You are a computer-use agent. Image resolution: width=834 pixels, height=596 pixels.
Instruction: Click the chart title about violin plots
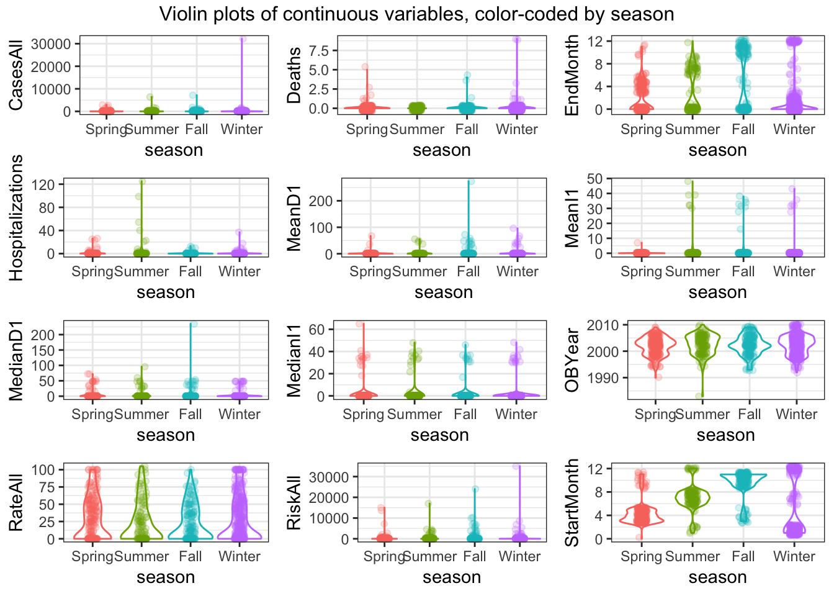click(416, 14)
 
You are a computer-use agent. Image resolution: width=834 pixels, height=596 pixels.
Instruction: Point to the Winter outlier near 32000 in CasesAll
click(243, 39)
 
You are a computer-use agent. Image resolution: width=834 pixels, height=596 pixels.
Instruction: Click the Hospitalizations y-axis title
click(16, 218)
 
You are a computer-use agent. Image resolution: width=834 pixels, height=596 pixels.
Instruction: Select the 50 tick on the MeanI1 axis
click(594, 179)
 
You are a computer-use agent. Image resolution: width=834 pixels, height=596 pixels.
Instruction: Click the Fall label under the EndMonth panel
click(743, 130)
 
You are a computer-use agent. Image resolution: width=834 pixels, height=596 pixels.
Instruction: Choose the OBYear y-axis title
click(572, 360)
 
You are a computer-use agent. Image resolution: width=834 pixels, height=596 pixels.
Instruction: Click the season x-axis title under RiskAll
click(452, 577)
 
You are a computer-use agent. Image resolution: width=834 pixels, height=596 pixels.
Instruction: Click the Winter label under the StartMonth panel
click(794, 557)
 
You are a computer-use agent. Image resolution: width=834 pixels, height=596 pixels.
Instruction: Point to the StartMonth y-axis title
click(572, 503)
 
